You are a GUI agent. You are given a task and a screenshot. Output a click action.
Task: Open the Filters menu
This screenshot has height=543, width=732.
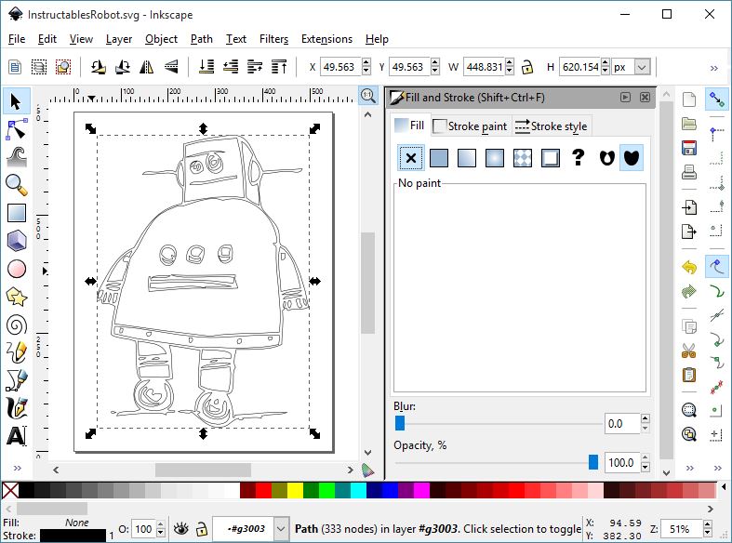pyautogui.click(x=273, y=39)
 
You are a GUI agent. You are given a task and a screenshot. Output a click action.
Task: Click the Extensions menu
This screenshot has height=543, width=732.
pyautogui.click(x=326, y=39)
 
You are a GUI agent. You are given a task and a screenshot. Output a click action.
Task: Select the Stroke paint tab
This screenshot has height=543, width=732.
pyautogui.click(x=471, y=126)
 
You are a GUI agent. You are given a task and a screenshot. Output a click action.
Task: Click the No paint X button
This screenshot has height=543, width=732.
pyautogui.click(x=411, y=158)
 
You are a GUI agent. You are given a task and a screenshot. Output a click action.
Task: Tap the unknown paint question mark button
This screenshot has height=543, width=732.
pyautogui.click(x=578, y=158)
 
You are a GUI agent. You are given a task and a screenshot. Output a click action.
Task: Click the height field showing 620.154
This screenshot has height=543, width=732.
pyautogui.click(x=582, y=67)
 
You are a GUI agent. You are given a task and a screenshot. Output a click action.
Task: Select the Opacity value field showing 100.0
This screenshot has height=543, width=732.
pyautogui.click(x=619, y=463)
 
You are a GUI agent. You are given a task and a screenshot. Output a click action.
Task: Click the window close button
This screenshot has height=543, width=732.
pyautogui.click(x=710, y=14)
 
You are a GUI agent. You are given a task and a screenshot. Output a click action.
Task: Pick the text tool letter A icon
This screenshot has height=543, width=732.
pyautogui.click(x=16, y=435)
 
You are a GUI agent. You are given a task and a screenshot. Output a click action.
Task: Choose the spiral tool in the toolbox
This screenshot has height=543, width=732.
pyautogui.click(x=16, y=324)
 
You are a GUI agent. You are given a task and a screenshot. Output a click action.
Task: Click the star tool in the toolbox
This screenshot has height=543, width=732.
pyautogui.click(x=16, y=297)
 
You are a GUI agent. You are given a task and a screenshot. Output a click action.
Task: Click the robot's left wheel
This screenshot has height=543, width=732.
pyautogui.click(x=149, y=396)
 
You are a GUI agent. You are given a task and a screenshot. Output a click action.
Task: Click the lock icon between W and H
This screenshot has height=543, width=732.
pyautogui.click(x=527, y=67)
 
